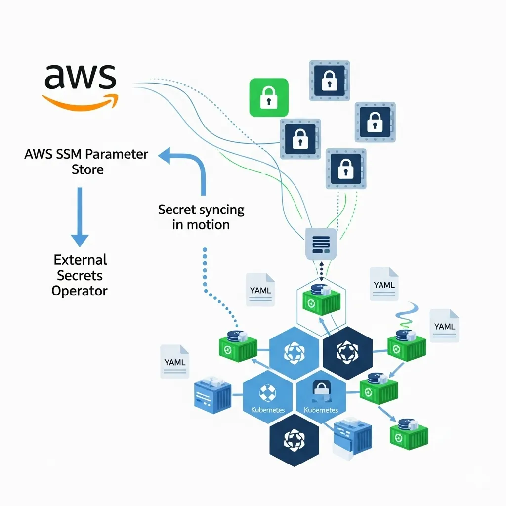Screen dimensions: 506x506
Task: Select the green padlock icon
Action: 268,97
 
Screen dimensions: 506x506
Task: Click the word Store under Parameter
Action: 86,169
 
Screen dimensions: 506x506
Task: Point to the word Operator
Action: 80,291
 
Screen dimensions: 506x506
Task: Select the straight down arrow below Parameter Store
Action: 80,218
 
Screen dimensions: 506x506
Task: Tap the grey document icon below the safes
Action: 322,244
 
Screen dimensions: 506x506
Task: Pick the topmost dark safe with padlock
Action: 329,81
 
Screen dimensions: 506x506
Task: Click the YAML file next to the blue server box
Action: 174,362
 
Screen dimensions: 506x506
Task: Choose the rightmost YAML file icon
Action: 444,326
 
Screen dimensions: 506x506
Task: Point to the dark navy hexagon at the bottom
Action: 295,440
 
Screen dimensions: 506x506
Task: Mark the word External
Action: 80,259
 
